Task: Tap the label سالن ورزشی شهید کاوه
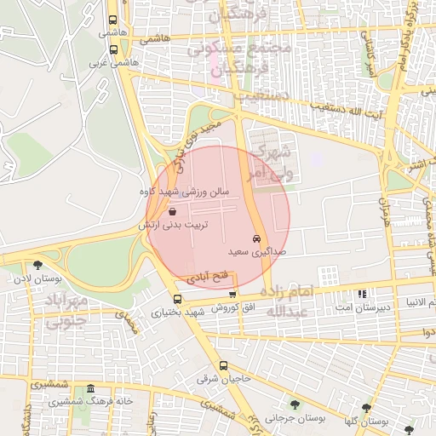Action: point(186,192)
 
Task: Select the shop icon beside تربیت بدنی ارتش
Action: point(173,210)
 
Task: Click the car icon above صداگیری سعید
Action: point(256,238)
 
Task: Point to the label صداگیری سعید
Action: point(250,252)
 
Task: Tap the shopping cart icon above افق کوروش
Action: point(232,294)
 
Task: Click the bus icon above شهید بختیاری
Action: point(177,299)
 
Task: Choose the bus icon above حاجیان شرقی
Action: point(223,365)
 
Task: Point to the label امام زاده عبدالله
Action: point(290,301)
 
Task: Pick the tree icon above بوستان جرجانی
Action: point(295,404)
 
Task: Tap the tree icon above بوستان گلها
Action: point(367,409)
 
